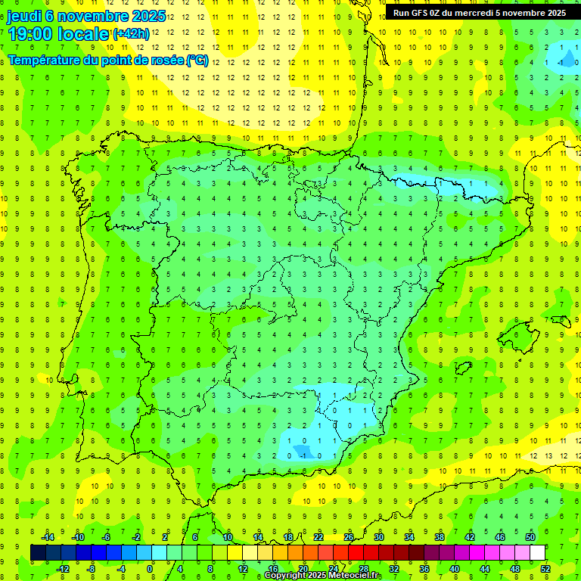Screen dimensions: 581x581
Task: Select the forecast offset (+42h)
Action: tap(131, 34)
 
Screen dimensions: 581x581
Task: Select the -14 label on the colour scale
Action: tap(47, 537)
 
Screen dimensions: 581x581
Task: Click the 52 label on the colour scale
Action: tap(545, 568)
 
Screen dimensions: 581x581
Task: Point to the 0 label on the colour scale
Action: tap(149, 568)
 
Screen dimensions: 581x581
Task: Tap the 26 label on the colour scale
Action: tap(349, 537)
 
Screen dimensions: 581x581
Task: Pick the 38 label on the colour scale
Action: tap(440, 537)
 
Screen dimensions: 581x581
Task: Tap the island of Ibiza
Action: tap(462, 368)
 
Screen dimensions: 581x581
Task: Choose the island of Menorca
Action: tap(561, 321)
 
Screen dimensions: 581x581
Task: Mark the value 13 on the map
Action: tap(548, 455)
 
